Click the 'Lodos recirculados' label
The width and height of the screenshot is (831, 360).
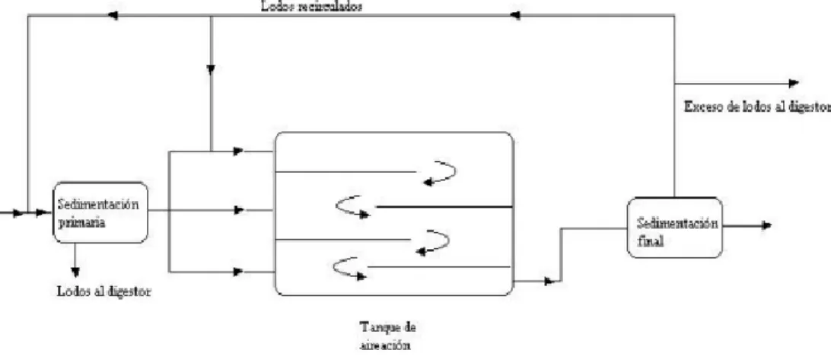(311, 8)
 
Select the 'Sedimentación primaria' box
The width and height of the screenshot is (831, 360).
(100, 212)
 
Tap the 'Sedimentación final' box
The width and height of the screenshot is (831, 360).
(675, 228)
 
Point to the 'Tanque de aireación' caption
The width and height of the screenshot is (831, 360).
(387, 336)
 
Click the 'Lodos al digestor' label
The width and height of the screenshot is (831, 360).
(103, 292)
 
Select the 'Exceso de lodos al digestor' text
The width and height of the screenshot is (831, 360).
(757, 107)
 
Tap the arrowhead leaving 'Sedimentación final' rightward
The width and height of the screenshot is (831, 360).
(766, 225)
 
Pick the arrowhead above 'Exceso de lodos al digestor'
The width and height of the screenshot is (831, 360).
(794, 83)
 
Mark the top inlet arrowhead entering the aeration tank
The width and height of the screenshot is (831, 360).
(238, 151)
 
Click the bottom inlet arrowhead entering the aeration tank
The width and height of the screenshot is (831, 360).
(238, 272)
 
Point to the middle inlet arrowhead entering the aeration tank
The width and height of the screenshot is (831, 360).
(238, 210)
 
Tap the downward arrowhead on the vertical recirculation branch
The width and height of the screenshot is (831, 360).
(211, 69)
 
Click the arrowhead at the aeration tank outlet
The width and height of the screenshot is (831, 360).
(549, 281)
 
